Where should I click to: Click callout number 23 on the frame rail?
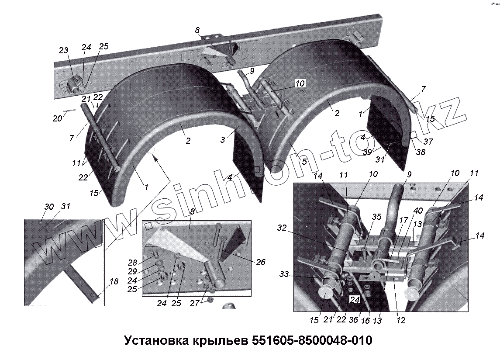64,51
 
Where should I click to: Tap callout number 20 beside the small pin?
58,118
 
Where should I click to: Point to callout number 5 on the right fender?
304,161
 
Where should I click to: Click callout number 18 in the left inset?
114,282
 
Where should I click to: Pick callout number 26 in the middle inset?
261,262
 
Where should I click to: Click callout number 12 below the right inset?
401,321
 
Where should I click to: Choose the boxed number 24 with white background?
354,300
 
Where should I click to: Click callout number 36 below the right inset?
354,321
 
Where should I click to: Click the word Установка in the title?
155,341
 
